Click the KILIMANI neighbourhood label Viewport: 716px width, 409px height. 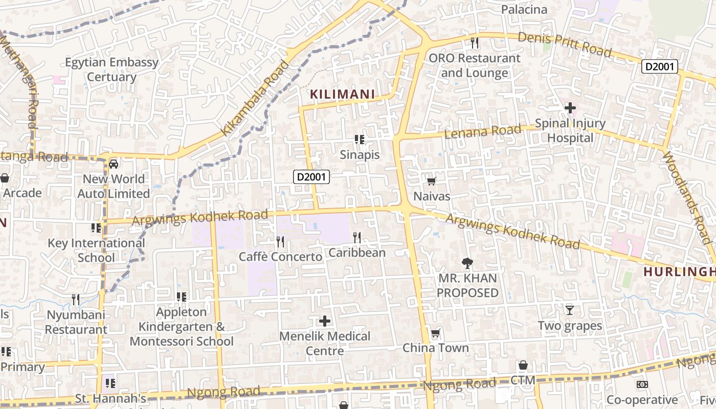click(343, 95)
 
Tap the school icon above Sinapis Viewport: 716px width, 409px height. click(360, 139)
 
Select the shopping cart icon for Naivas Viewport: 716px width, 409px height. click(431, 180)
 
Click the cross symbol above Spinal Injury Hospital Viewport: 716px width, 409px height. click(570, 108)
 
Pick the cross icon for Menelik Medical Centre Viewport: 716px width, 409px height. click(324, 321)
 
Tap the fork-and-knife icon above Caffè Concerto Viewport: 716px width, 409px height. click(280, 241)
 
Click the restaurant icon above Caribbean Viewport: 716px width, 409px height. click(357, 237)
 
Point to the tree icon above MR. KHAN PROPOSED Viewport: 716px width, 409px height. click(467, 263)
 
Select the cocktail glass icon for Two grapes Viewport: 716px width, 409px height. click(569, 310)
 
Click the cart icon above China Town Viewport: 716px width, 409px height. click(435, 333)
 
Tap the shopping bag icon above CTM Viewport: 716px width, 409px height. click(523, 365)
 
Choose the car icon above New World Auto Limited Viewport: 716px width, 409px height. click(114, 164)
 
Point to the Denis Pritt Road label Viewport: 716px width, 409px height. click(565, 44)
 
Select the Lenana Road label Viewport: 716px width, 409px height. click(483, 131)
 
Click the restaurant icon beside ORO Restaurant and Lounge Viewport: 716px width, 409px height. click(475, 42)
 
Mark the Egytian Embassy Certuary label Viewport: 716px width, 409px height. click(111, 70)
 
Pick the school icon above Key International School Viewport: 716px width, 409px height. click(96, 228)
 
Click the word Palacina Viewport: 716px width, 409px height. click(524, 10)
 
